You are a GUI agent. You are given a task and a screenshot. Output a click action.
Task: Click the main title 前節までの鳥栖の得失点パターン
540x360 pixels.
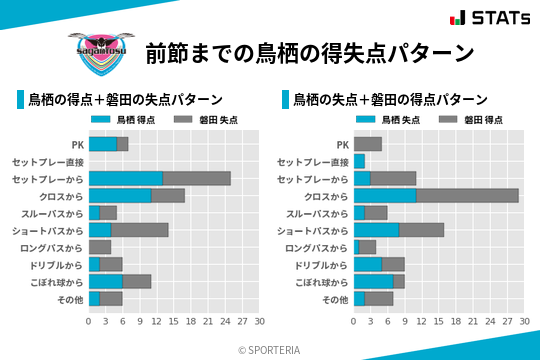tap(308, 52)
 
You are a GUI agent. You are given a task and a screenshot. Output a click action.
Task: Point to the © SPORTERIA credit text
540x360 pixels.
tap(269, 350)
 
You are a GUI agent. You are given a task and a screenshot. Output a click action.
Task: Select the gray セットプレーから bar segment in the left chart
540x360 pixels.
tap(197, 178)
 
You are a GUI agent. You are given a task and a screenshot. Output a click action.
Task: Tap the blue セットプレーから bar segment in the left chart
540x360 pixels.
tap(126, 178)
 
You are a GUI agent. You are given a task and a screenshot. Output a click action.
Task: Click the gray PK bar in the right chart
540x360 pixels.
tap(368, 144)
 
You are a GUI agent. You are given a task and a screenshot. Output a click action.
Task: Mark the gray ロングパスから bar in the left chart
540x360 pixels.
tap(100, 247)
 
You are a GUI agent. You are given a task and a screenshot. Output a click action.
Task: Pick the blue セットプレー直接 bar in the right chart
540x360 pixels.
tap(359, 161)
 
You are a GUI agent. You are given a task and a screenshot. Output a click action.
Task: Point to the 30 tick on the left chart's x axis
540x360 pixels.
tap(259, 321)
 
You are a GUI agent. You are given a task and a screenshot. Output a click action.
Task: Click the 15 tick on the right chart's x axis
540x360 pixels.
tap(439, 321)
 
